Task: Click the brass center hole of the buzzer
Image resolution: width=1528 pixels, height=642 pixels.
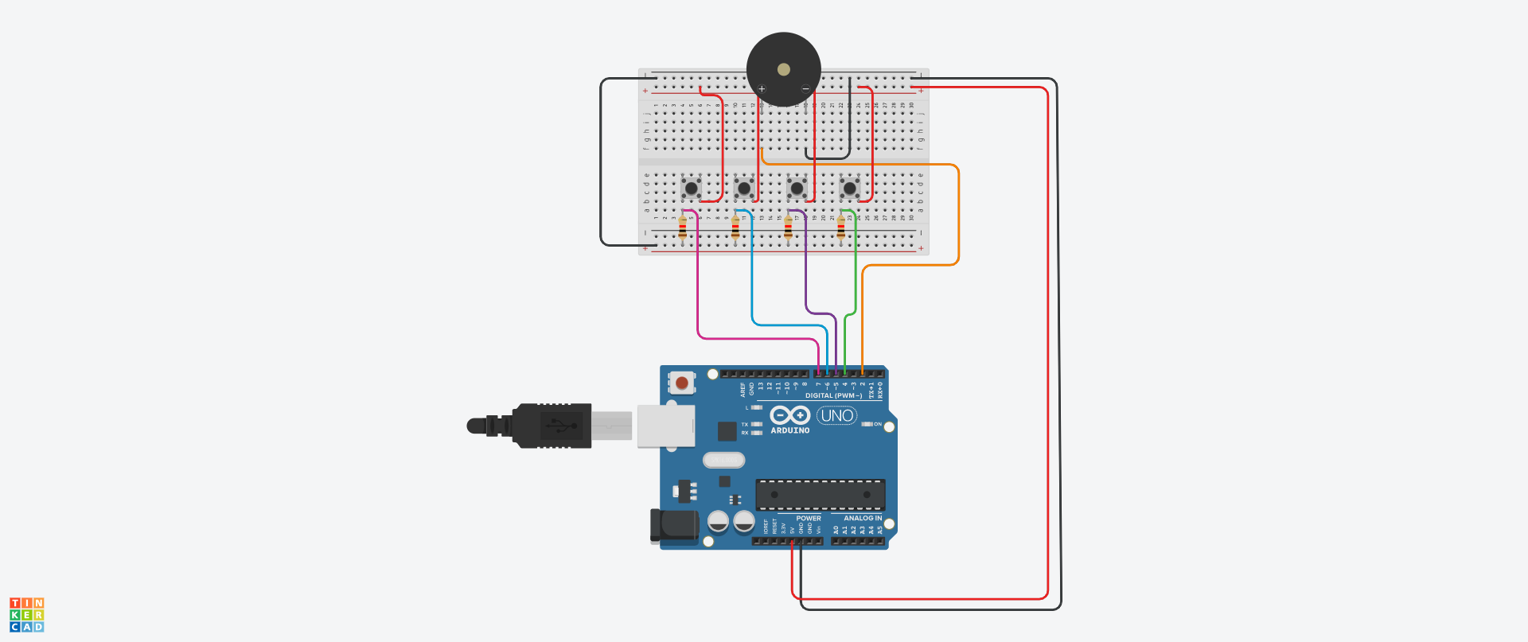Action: point(784,70)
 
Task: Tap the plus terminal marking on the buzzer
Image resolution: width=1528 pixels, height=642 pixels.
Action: point(762,89)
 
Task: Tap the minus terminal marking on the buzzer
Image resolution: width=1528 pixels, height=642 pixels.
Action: point(805,89)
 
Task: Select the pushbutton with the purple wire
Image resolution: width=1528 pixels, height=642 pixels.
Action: point(797,189)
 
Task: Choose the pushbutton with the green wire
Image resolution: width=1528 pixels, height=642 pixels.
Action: point(849,189)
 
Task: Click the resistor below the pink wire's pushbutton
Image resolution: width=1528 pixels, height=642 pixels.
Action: point(682,229)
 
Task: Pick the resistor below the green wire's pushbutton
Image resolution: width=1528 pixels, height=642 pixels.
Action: point(840,229)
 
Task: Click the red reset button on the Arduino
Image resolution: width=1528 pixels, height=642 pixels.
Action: point(681,383)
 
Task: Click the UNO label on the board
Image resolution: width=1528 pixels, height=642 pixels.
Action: point(836,415)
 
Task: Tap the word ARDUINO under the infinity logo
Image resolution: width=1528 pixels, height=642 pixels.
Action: point(789,430)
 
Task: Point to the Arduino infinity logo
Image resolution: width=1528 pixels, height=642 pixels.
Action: point(789,415)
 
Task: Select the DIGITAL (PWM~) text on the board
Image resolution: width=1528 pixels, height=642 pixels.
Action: point(832,395)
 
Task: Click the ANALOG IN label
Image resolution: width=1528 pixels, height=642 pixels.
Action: point(862,518)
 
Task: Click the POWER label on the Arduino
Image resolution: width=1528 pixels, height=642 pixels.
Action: point(808,518)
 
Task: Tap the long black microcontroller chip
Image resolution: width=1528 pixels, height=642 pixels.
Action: point(820,495)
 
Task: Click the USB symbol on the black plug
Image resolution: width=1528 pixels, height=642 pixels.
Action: point(562,426)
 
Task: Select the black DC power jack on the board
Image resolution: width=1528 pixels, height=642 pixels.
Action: point(673,527)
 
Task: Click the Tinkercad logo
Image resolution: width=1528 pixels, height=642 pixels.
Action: point(27,615)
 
